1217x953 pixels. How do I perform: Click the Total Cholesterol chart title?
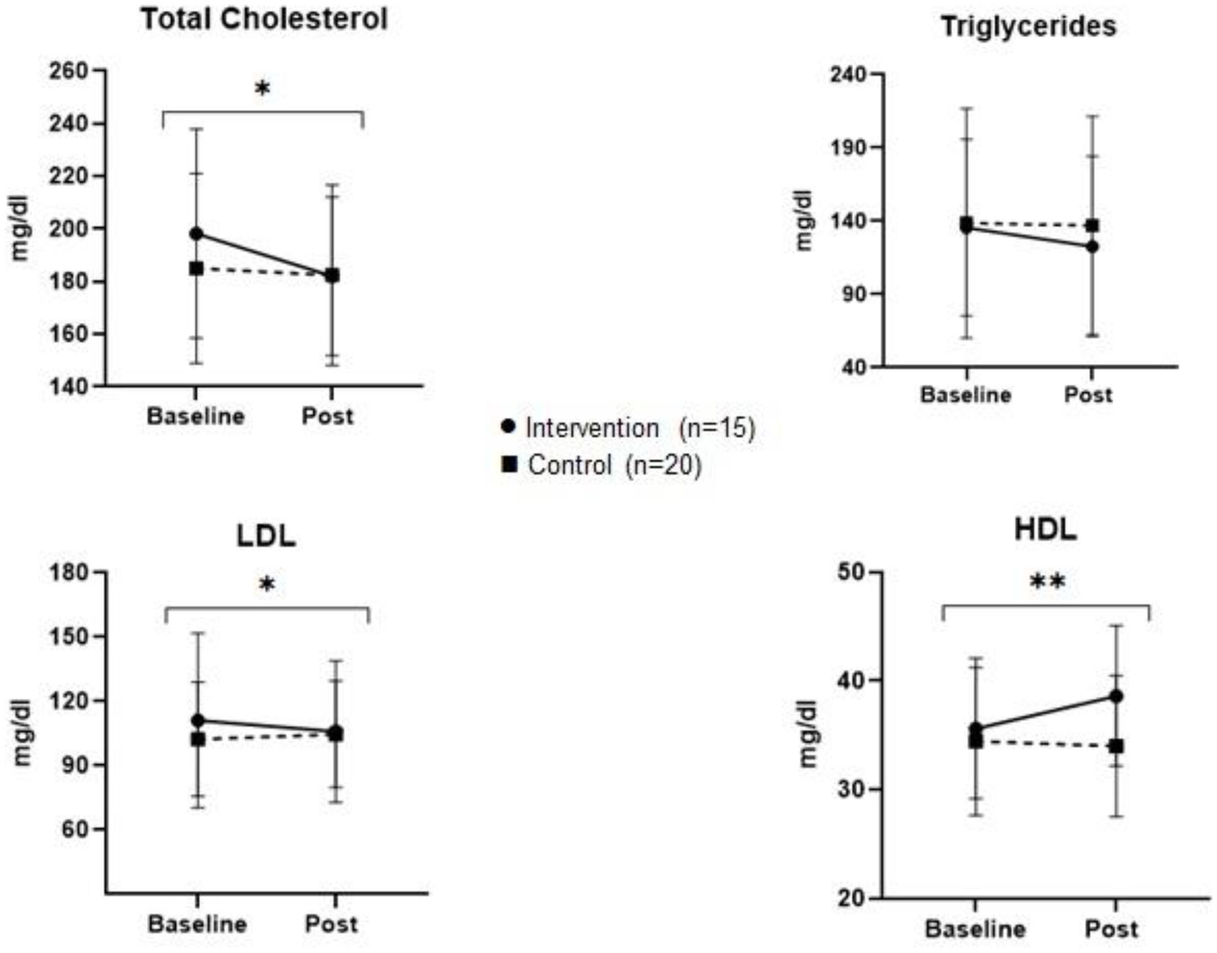tap(264, 19)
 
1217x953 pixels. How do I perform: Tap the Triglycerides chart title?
tap(1028, 26)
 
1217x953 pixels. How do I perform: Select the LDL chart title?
tap(266, 535)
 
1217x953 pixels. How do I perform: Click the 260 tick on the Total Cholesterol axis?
tap(69, 71)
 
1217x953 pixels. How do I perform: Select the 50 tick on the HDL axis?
tap(850, 572)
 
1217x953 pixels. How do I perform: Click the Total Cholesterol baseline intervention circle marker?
tap(196, 234)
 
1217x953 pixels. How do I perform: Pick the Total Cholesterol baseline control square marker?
tap(196, 268)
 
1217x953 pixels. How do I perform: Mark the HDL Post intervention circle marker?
tap(1116, 696)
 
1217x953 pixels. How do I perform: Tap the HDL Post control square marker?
tap(1116, 746)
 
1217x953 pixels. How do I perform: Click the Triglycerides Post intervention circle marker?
tap(1092, 247)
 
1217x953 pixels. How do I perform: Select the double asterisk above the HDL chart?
tap(1047, 581)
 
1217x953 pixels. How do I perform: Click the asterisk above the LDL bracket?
tap(267, 585)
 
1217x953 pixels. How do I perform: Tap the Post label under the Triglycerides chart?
tap(1087, 395)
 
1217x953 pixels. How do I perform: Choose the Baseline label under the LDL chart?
tap(197, 924)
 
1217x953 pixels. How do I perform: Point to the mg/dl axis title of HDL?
tap(807, 734)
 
